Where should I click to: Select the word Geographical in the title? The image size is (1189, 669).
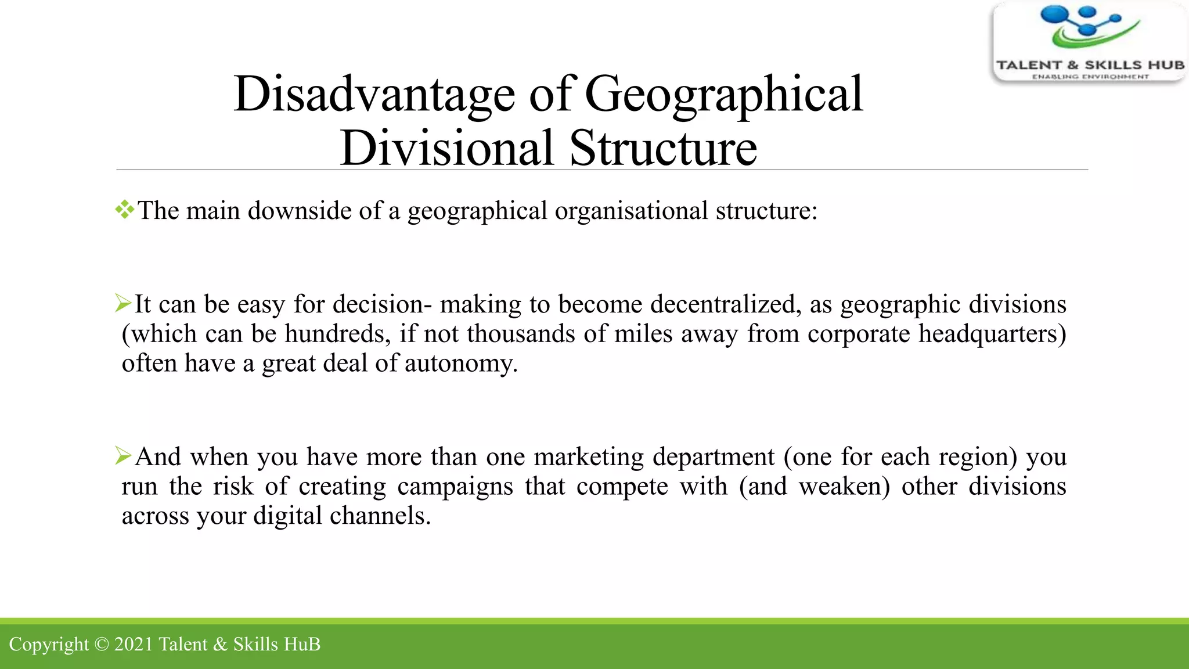coord(724,94)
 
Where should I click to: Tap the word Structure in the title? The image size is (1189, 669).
coord(663,148)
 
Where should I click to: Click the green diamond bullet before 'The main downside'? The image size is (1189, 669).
coord(124,210)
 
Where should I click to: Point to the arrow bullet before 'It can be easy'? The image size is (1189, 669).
coord(123,303)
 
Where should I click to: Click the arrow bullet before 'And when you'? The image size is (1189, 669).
coord(123,455)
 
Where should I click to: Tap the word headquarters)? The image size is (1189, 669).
coord(992,334)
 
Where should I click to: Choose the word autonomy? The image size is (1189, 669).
coord(460,364)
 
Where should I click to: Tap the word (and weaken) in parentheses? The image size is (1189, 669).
coord(814,486)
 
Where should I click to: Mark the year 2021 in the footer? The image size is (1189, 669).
coord(133,644)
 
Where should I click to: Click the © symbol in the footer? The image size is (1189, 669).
coord(101,644)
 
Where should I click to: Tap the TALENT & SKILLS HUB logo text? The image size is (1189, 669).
coord(1090,65)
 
